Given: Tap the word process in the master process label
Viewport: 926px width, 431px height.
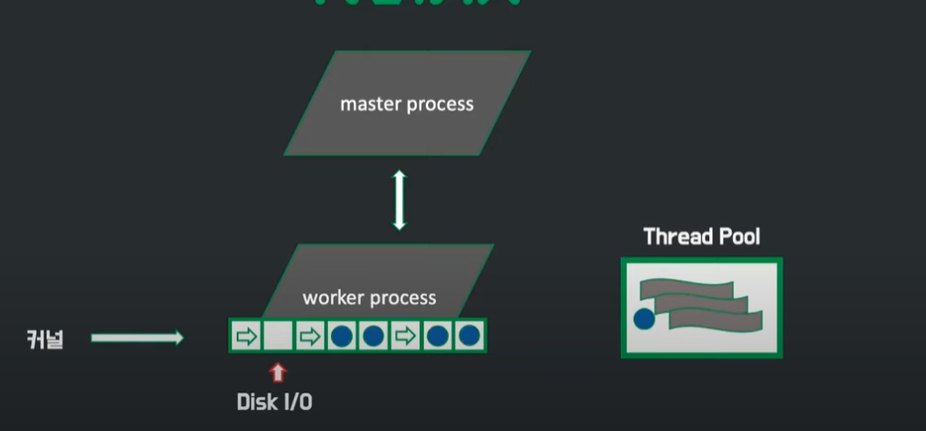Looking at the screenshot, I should point(441,104).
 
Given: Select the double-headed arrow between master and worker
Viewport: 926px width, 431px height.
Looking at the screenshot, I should point(399,200).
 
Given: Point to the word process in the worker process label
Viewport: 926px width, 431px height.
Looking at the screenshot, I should point(403,298).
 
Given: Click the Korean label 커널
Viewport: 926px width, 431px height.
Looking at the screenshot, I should point(44,339).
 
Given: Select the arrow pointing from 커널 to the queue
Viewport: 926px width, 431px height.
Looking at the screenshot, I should point(137,339).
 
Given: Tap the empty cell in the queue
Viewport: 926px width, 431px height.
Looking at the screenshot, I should point(277,336).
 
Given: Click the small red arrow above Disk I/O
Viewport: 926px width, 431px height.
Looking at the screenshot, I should point(278,372).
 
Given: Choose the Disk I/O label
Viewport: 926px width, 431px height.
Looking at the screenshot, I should point(274,402).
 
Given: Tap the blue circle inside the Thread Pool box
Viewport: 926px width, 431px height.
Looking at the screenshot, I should point(644,318).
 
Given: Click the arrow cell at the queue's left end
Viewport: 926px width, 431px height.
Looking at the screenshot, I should point(245,336).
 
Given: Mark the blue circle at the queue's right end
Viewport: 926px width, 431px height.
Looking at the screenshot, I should point(470,336).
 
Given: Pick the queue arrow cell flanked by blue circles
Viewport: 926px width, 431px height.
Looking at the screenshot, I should point(405,336).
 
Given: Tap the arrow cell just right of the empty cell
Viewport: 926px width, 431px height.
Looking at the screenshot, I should point(309,336).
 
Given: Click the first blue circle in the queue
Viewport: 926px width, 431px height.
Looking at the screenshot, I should point(341,336).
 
